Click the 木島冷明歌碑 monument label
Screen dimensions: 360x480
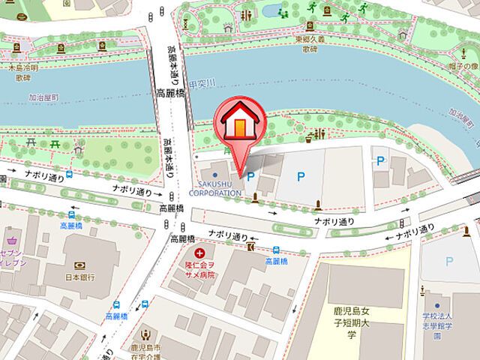pos(20,70)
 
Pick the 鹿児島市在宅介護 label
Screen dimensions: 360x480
pos(143,354)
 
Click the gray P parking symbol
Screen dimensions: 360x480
pos(449,261)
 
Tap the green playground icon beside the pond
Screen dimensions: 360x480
pos(285,11)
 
